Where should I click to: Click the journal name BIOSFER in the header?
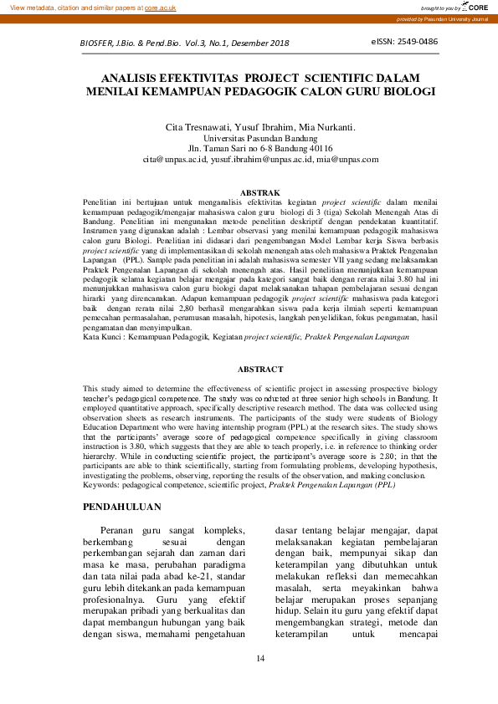point(99,42)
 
